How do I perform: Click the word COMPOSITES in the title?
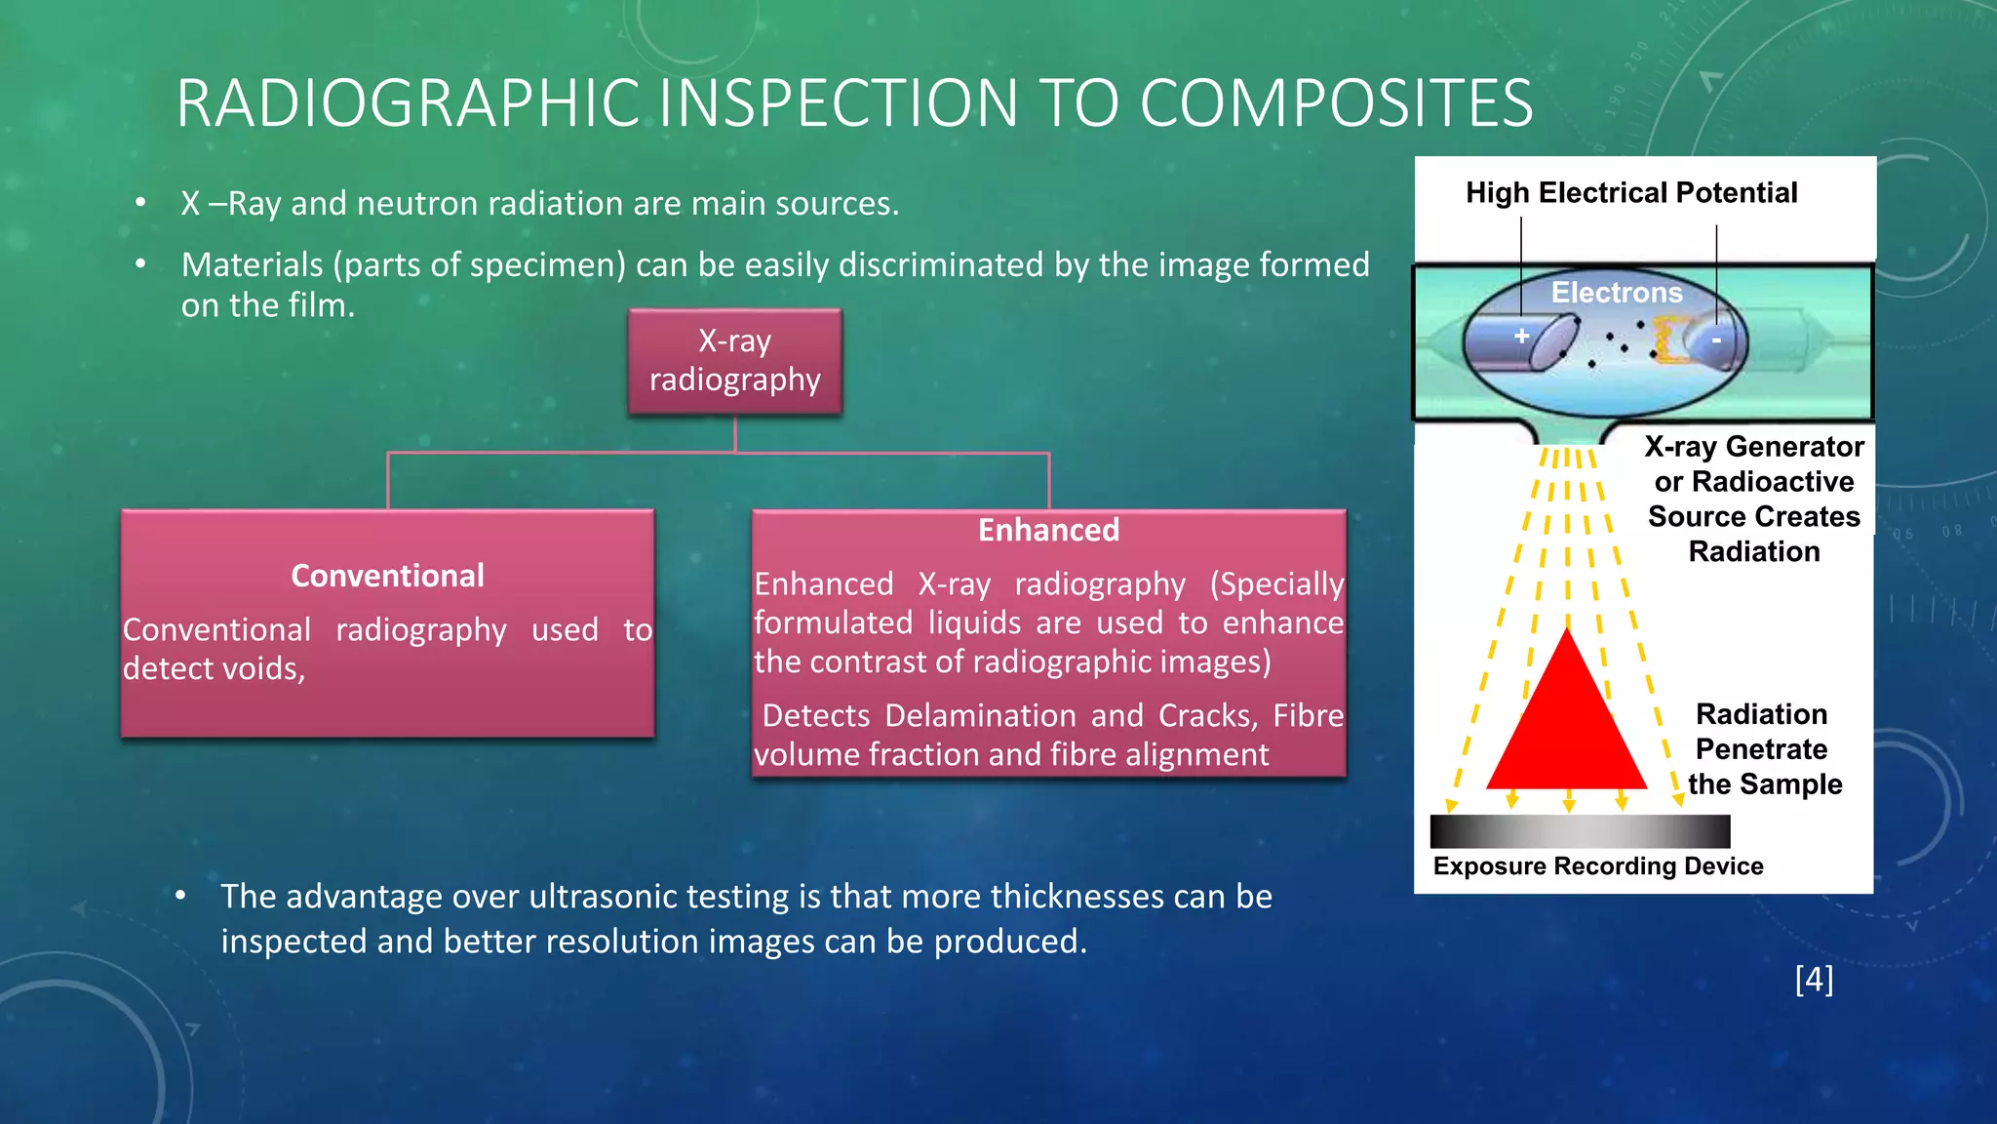[1336, 103]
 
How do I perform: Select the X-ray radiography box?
[735, 361]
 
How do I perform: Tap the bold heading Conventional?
[387, 576]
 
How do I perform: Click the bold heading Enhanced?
[1048, 530]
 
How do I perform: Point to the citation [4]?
[1814, 979]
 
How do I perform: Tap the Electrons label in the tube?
[1617, 292]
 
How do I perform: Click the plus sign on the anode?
[1521, 336]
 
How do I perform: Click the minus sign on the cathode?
[1716, 341]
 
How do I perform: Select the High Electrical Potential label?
[1631, 192]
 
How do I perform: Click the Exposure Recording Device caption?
[1598, 866]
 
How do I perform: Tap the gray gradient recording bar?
[1580, 831]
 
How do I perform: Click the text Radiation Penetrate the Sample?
[1763, 749]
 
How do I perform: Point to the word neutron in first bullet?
[414, 203]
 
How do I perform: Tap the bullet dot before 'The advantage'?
[180, 896]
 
